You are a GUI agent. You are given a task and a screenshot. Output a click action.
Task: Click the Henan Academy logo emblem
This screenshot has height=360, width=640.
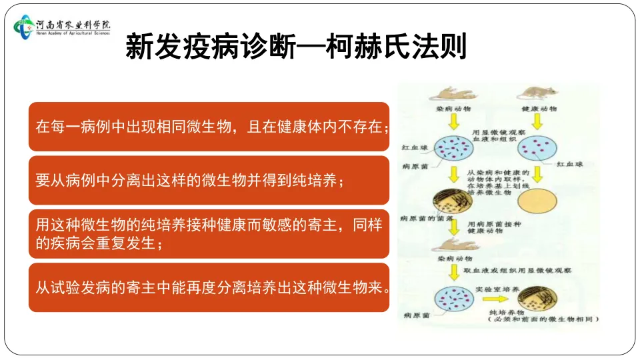[x=25, y=27]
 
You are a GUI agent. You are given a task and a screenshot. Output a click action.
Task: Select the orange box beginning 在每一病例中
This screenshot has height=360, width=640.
[x=209, y=127]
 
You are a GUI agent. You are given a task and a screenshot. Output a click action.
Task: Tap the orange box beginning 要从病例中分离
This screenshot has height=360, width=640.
[x=209, y=180]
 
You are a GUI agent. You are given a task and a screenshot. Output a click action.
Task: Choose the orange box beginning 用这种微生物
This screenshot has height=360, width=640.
[x=209, y=234]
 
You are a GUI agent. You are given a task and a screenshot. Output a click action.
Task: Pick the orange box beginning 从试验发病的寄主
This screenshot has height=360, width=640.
[x=209, y=287]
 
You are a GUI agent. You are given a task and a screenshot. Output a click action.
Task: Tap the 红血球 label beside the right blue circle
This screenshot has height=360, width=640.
[x=571, y=163]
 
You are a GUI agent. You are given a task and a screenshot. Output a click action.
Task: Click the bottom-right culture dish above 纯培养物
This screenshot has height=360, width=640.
[x=537, y=298]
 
